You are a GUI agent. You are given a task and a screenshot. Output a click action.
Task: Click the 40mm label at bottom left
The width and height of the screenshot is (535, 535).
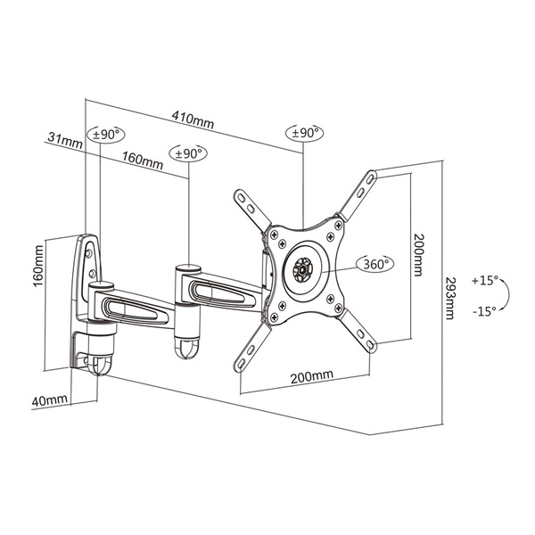point(49,401)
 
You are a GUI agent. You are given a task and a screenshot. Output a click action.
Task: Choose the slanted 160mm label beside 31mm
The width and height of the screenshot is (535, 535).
point(142,161)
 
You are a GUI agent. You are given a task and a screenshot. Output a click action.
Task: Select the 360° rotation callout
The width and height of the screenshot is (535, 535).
point(374,265)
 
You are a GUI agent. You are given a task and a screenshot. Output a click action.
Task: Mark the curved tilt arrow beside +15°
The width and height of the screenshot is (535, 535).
point(506,296)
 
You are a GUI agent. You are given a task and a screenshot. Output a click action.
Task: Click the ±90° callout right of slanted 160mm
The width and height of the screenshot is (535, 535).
point(189,153)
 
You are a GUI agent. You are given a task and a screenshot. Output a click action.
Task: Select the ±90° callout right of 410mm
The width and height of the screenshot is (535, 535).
point(304,132)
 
